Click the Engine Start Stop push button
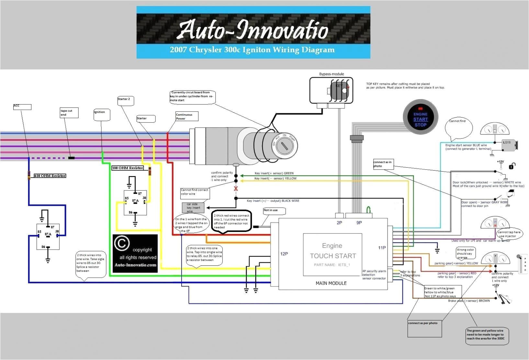point(420,117)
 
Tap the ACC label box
point(22,107)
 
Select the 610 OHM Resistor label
point(50,176)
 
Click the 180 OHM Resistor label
point(128,168)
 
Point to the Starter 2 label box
point(125,101)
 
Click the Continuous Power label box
point(186,117)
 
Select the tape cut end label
point(69,113)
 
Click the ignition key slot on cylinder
point(285,146)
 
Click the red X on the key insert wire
point(236,189)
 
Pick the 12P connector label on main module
point(284,254)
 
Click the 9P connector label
point(359,223)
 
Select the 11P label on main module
point(382,248)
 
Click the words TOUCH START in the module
point(333,256)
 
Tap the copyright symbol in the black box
point(122,243)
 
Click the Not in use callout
point(274,211)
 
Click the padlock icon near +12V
point(512,166)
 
